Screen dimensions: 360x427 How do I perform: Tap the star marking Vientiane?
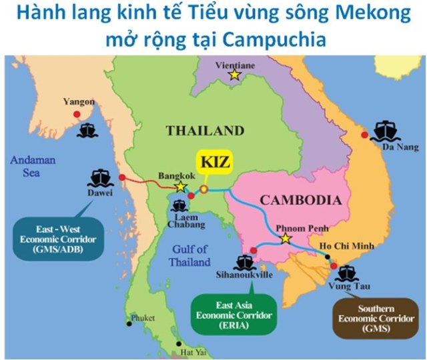click(234, 75)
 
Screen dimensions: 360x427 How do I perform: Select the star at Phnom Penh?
click(286, 238)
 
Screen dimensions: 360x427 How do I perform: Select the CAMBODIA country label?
click(300, 199)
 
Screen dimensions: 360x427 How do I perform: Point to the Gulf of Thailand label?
click(189, 255)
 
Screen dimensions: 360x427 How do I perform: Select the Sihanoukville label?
click(244, 274)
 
